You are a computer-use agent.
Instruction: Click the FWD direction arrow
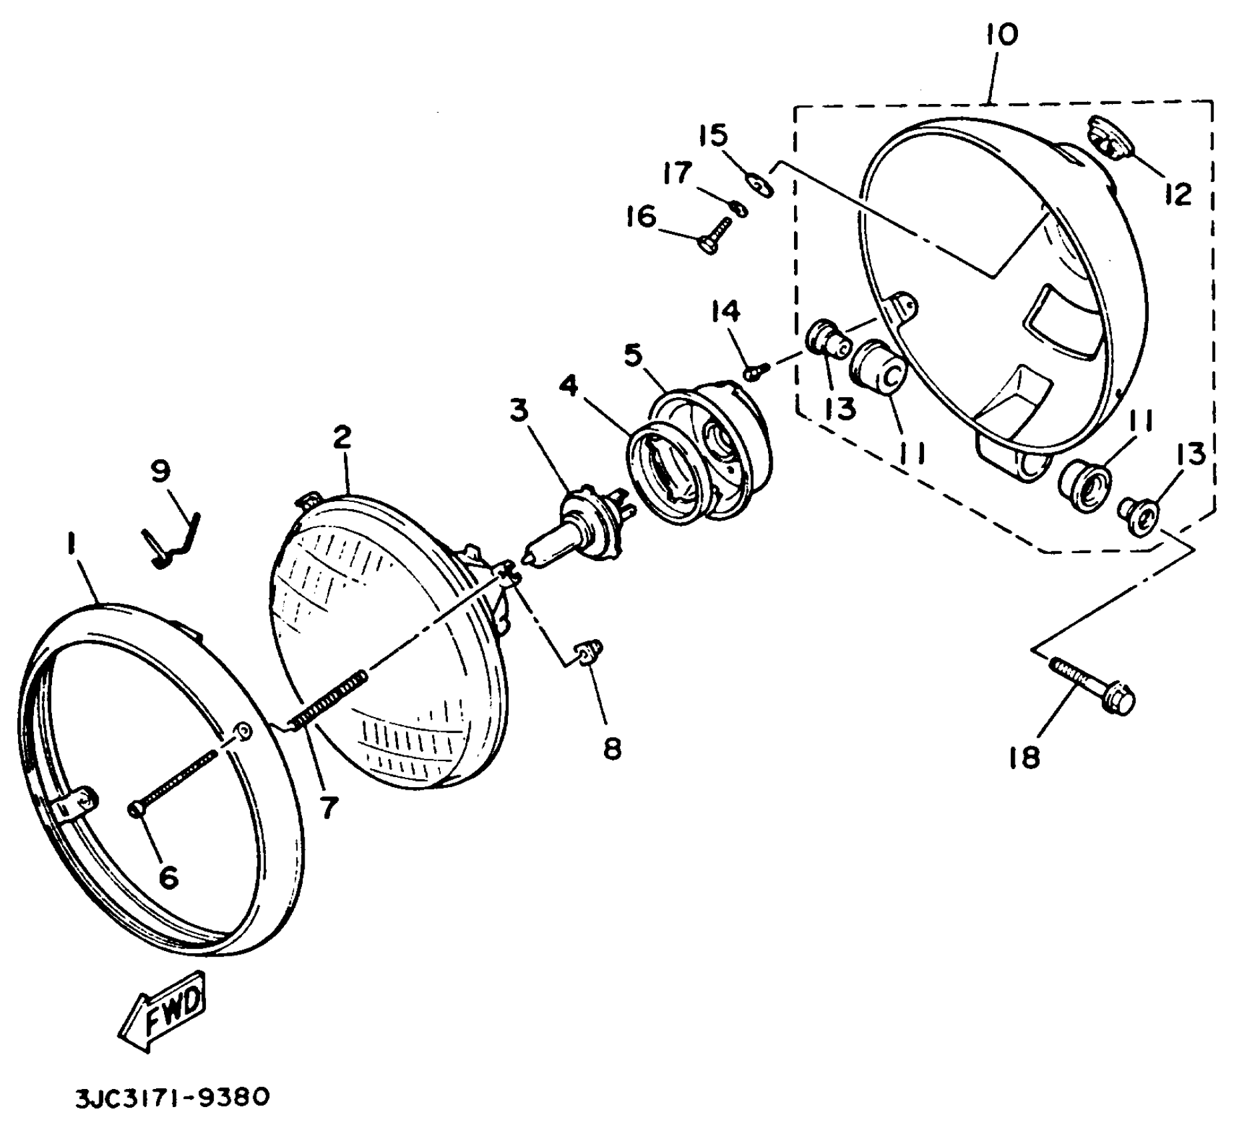pos(163,1012)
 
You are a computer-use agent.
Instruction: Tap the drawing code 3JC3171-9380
pos(172,1098)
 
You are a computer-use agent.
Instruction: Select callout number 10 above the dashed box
pos(1001,34)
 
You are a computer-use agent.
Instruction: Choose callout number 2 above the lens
pos(341,438)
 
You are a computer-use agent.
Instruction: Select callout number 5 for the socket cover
pos(633,355)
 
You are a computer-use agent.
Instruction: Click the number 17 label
pos(677,174)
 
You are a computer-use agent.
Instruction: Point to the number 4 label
pos(569,385)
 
